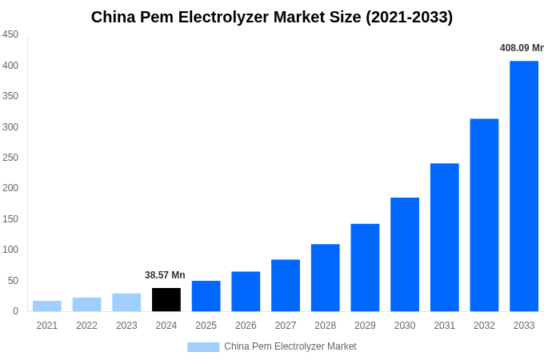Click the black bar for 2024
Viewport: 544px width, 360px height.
166,299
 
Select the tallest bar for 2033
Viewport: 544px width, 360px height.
524,186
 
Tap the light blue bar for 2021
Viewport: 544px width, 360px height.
47,306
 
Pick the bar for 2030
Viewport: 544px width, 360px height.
405,254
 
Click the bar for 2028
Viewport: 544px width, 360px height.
325,278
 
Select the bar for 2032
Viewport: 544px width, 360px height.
484,214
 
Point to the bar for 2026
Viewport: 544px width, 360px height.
246,291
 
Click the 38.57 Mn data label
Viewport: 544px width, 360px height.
165,275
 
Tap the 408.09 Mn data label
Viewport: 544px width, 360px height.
522,48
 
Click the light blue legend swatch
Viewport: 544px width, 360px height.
203,346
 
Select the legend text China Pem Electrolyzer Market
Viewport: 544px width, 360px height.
290,346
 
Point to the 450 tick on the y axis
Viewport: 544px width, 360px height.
10,34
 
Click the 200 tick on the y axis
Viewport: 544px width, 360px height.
10,188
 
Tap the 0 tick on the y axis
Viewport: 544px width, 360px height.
15,311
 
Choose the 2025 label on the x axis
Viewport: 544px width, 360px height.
206,326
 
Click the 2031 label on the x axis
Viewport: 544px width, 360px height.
444,326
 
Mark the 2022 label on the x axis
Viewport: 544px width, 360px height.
86,326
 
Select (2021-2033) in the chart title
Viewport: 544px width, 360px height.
409,17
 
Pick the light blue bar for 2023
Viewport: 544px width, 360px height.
126,302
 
